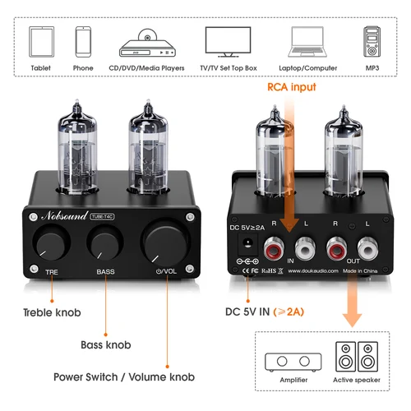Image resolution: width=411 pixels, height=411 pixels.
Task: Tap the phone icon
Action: point(83,40)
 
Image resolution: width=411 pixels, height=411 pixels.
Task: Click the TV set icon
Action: point(228,41)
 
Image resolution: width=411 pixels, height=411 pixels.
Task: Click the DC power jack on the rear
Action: point(244,244)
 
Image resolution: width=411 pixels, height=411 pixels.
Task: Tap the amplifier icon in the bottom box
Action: point(294,361)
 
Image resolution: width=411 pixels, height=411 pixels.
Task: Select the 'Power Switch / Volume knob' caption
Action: point(124,376)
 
